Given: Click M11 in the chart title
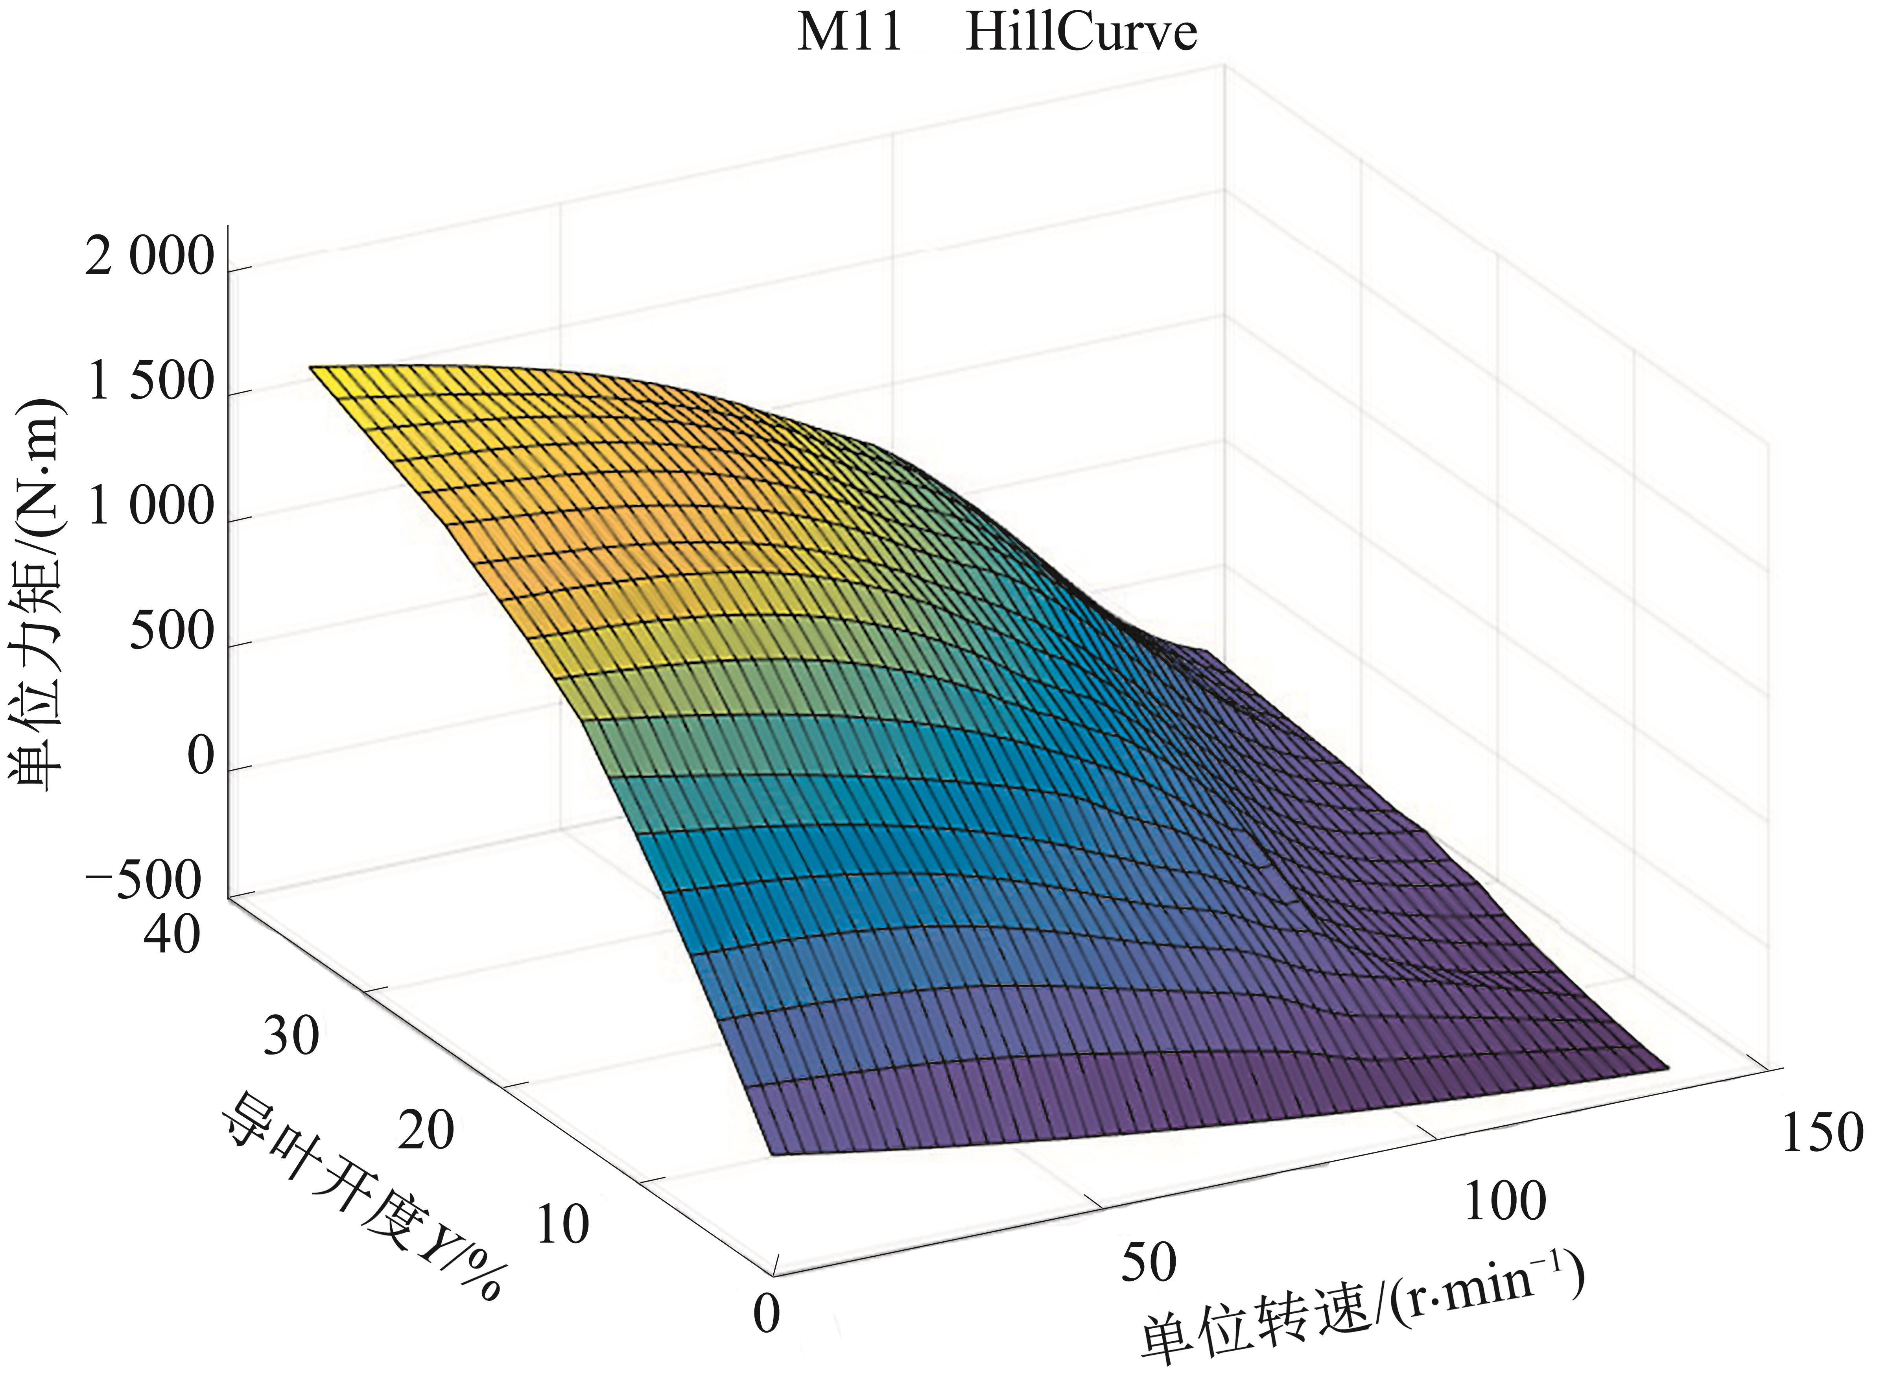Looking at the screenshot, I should [x=849, y=34].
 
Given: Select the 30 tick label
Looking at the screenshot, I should [x=291, y=1036].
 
